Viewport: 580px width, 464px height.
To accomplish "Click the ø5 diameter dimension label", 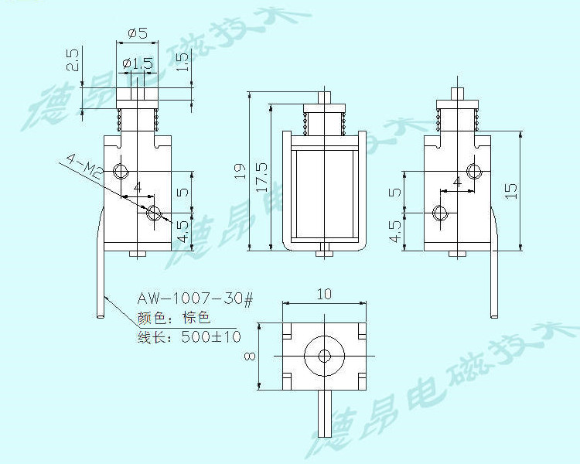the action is pos(138,34).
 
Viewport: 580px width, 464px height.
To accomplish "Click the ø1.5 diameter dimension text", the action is pos(137,63).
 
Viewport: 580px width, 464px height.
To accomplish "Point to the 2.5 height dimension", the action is pos(73,60).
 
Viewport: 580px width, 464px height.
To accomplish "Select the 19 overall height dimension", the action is pos(241,171).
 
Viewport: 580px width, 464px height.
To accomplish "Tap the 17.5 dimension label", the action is pos(262,178).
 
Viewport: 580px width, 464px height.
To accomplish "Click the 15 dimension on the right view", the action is pos(511,190).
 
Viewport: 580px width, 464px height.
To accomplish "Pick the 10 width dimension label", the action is pos(324,294).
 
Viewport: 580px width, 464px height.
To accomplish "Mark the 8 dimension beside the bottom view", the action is pos(250,356).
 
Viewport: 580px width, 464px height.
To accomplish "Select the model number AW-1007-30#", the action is pos(196,299).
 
